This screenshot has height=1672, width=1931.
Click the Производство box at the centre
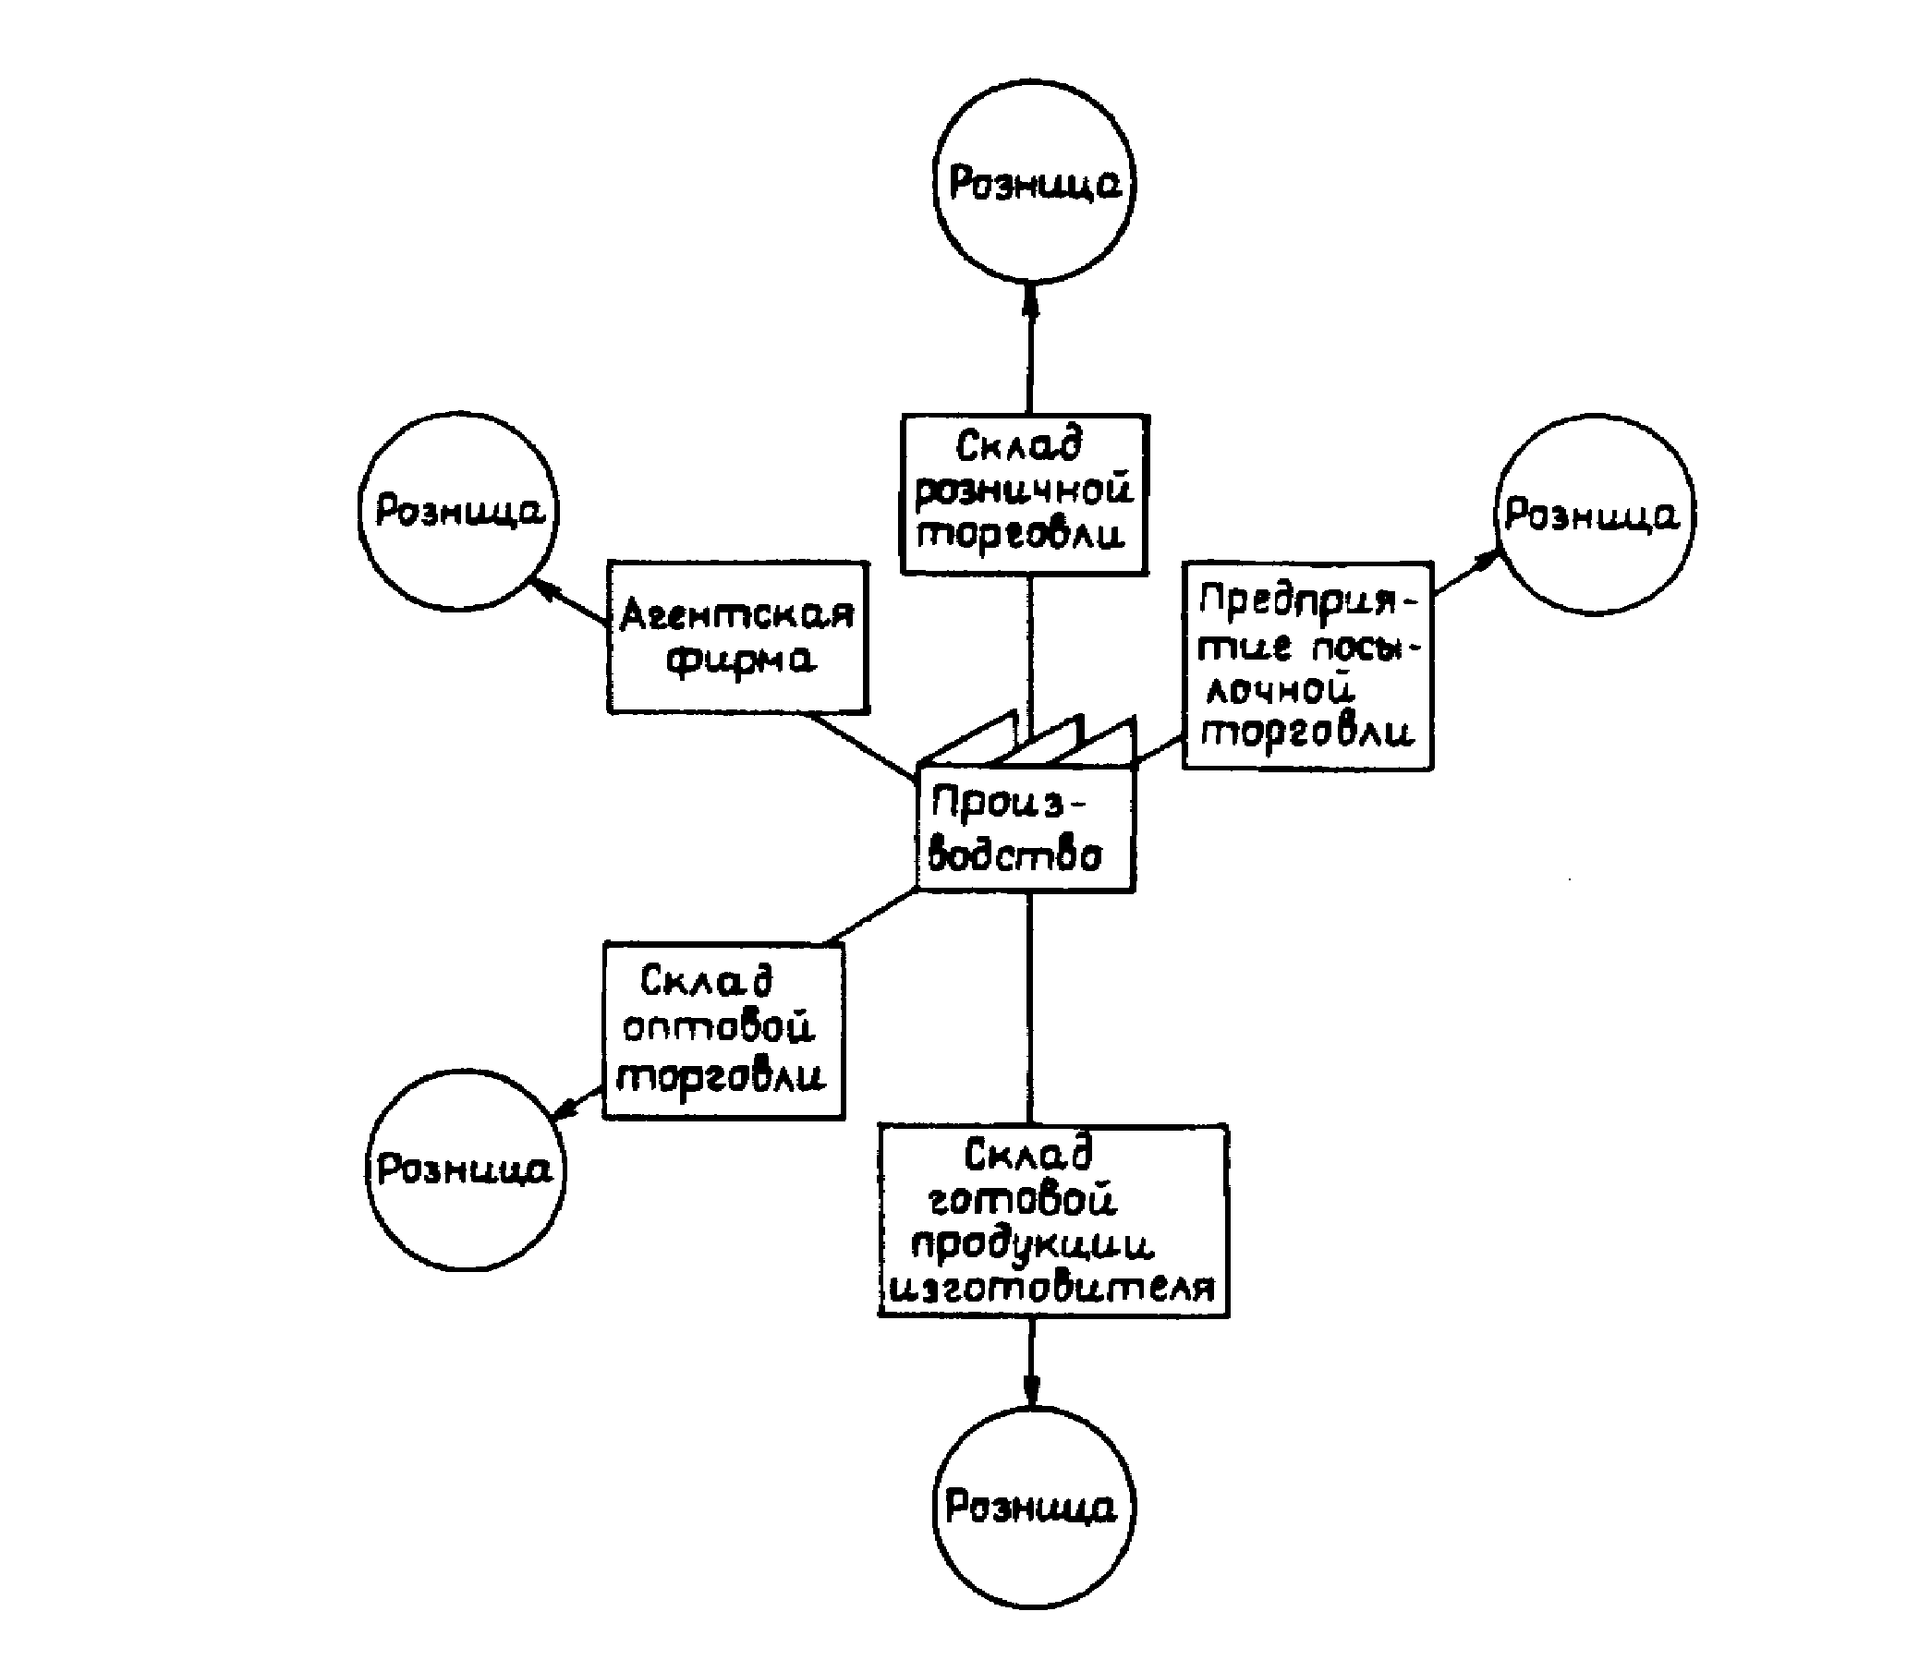(x=1025, y=830)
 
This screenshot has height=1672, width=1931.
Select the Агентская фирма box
(x=737, y=637)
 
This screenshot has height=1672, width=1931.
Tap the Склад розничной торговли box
(x=1024, y=493)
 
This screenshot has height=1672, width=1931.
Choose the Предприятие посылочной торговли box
(x=1306, y=666)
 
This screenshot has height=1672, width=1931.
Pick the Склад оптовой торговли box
(x=723, y=1030)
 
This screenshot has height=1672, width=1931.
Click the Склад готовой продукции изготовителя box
(x=1052, y=1220)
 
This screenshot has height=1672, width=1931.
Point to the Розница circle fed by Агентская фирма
(x=458, y=512)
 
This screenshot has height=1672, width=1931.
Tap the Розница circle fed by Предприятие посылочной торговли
(x=1594, y=515)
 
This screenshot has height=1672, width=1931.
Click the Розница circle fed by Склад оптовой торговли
(x=465, y=1169)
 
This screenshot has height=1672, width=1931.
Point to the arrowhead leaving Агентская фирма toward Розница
(x=544, y=587)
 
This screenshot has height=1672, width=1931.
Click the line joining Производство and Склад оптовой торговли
(x=872, y=916)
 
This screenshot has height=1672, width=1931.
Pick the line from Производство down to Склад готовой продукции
(x=1029, y=1008)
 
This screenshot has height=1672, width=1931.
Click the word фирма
(x=741, y=660)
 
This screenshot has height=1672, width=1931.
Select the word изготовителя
(x=1051, y=1289)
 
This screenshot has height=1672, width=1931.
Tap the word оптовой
(x=719, y=1027)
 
